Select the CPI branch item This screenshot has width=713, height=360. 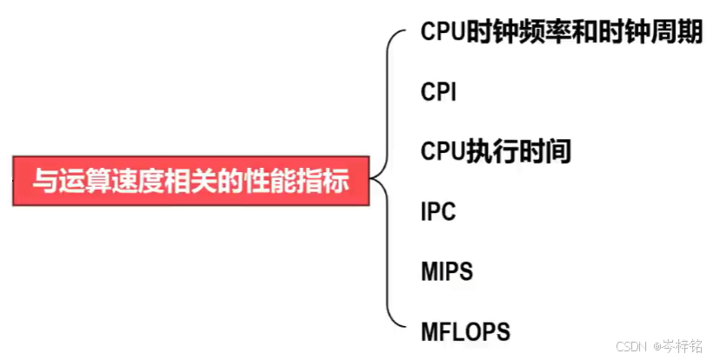click(438, 91)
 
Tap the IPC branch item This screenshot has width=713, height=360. click(438, 211)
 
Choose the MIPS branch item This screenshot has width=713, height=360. click(447, 271)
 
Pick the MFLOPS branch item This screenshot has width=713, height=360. click(465, 331)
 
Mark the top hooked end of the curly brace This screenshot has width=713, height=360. click(401, 33)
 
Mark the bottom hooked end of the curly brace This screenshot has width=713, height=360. click(401, 327)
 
